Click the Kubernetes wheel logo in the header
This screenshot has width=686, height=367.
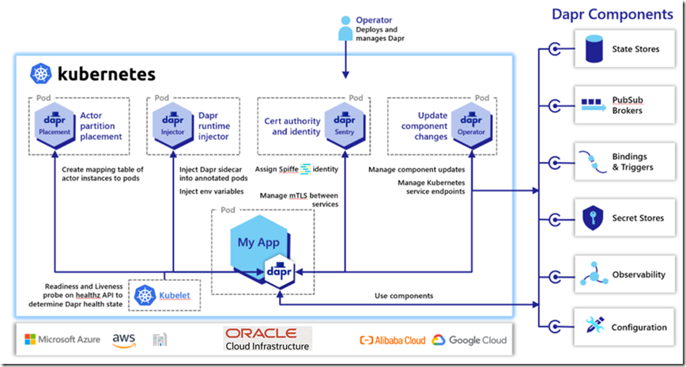[x=41, y=74]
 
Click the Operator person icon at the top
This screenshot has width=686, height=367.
[x=345, y=27]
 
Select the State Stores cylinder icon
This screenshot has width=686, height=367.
[x=593, y=50]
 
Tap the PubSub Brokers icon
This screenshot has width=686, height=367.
[x=593, y=104]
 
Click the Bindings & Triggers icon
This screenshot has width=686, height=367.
[x=593, y=161]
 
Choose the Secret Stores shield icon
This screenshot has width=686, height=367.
[x=593, y=218]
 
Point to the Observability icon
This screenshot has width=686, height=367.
[x=593, y=274]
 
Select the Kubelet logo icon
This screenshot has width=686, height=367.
[x=145, y=296]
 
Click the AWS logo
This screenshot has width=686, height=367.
[x=124, y=339]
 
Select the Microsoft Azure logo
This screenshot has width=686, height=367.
[x=62, y=339]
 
